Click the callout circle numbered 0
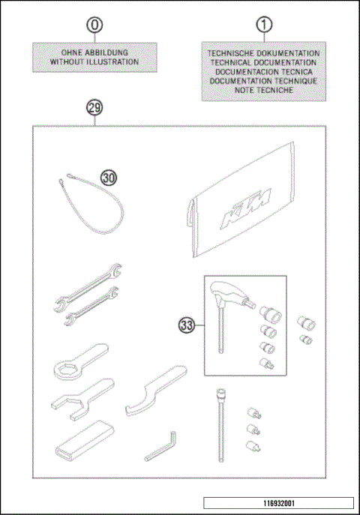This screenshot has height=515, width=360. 94,25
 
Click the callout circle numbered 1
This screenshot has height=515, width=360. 264,25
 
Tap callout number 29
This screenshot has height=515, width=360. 94,106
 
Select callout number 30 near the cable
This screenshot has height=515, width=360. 109,178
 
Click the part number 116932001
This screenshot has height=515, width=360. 279,502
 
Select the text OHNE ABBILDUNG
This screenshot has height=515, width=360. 94,52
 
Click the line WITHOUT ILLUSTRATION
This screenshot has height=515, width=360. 94,62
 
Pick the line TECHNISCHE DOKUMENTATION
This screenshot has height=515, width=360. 264,53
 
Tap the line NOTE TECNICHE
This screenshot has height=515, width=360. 264,89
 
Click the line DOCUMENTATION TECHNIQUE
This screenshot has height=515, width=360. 264,80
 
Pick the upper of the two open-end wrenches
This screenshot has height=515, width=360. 82,285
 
